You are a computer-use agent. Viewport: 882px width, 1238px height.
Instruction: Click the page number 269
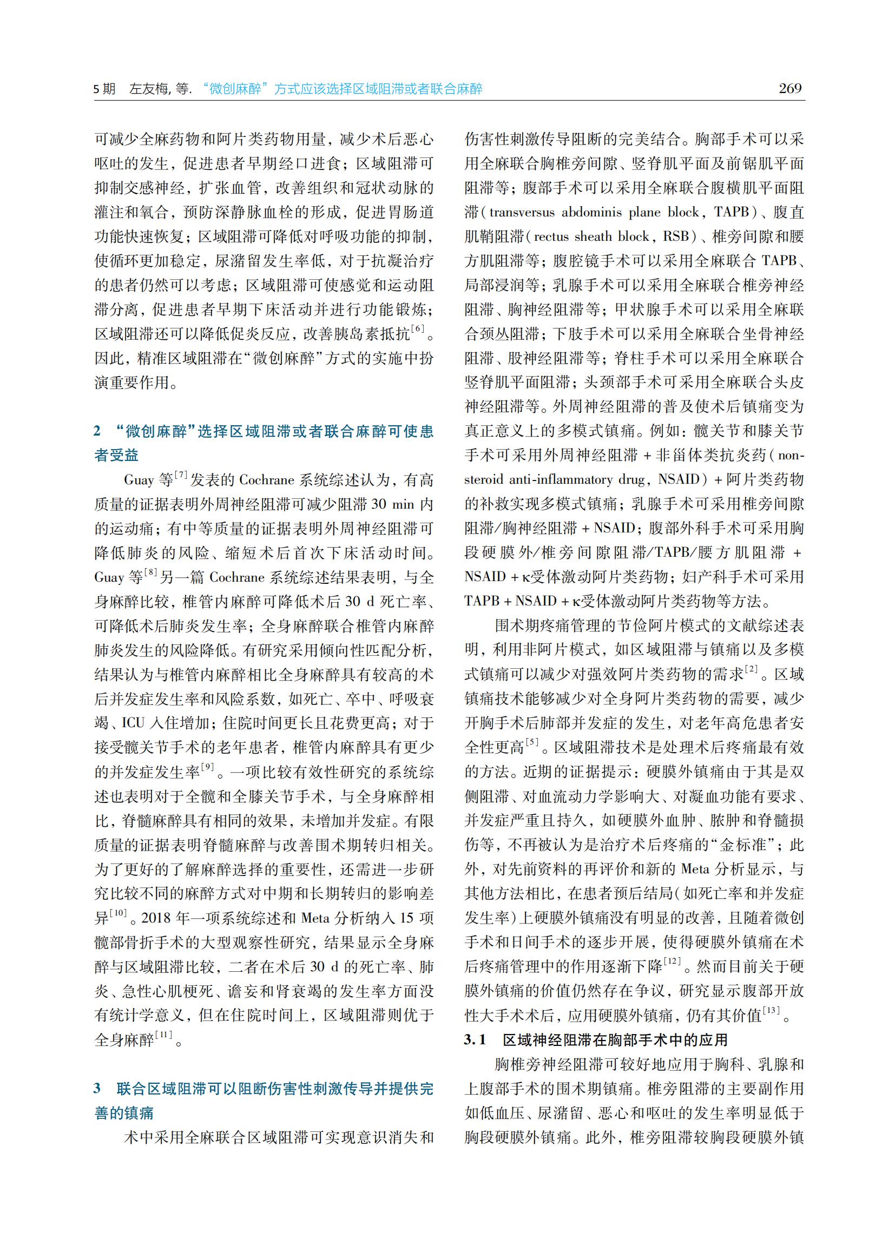[789, 89]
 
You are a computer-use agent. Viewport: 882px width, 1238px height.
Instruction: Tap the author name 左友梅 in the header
[149, 89]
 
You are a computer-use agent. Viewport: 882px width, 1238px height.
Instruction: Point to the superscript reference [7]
[181, 475]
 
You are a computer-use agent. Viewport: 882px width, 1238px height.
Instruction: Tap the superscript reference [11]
[163, 1034]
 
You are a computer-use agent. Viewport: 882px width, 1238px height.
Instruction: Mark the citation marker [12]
[672, 961]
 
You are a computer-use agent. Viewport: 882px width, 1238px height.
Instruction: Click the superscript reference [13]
[771, 1010]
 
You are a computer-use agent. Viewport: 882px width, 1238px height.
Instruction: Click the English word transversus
[522, 212]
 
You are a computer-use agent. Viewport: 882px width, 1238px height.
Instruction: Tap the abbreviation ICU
[133, 723]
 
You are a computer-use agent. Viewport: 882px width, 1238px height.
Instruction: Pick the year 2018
[156, 918]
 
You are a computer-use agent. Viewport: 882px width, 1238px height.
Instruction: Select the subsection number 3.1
[475, 1040]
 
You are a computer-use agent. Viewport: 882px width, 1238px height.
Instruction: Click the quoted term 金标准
[742, 845]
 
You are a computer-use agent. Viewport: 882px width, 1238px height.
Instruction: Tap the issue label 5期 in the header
[104, 89]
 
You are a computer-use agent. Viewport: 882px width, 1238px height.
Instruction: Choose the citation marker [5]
[532, 742]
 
